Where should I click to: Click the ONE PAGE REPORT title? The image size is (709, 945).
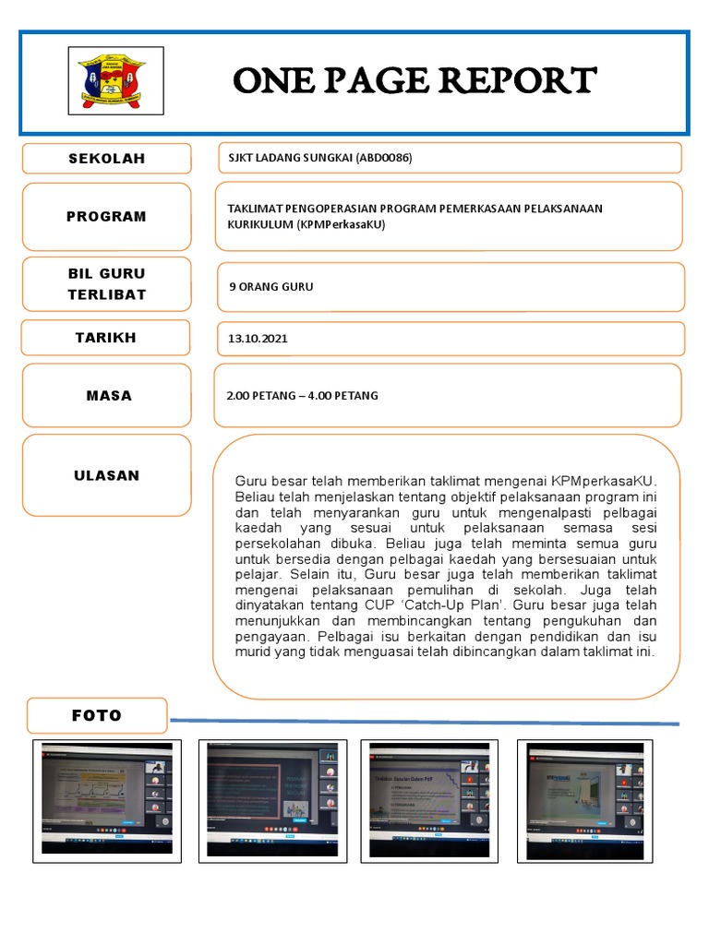415,80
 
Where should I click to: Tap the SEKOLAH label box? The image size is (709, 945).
106,159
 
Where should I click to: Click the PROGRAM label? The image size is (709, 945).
106,217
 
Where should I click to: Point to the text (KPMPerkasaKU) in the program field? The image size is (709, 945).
342,224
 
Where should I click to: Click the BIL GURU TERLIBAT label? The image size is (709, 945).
106,284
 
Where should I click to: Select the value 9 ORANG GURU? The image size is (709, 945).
270,287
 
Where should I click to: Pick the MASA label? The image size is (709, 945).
109,396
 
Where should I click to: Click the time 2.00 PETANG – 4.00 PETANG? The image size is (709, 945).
302,396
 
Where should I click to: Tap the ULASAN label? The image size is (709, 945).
106,476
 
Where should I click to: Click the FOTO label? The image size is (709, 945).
97,715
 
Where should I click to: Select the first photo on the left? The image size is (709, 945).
107,800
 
